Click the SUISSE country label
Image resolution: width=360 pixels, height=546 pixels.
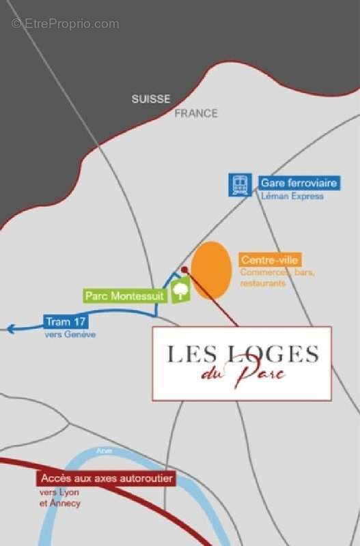(x=151, y=99)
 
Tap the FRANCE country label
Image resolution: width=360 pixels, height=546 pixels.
(x=196, y=113)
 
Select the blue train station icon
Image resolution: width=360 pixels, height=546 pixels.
(x=240, y=185)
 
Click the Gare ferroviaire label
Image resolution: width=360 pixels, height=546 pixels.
(x=299, y=183)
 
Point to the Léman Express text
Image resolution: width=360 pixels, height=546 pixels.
(x=292, y=197)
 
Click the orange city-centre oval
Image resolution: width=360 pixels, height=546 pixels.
(x=210, y=270)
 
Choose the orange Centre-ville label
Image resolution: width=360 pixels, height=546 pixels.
(x=271, y=260)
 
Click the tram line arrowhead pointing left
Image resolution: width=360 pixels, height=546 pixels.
(x=10, y=329)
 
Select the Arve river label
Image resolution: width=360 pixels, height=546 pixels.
(x=105, y=451)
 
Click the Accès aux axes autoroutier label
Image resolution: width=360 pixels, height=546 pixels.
(x=106, y=479)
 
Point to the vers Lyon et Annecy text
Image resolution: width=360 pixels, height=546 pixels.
(x=60, y=498)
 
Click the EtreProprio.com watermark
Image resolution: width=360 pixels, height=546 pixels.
(x=66, y=24)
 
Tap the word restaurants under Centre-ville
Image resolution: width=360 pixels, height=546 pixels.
(x=262, y=283)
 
